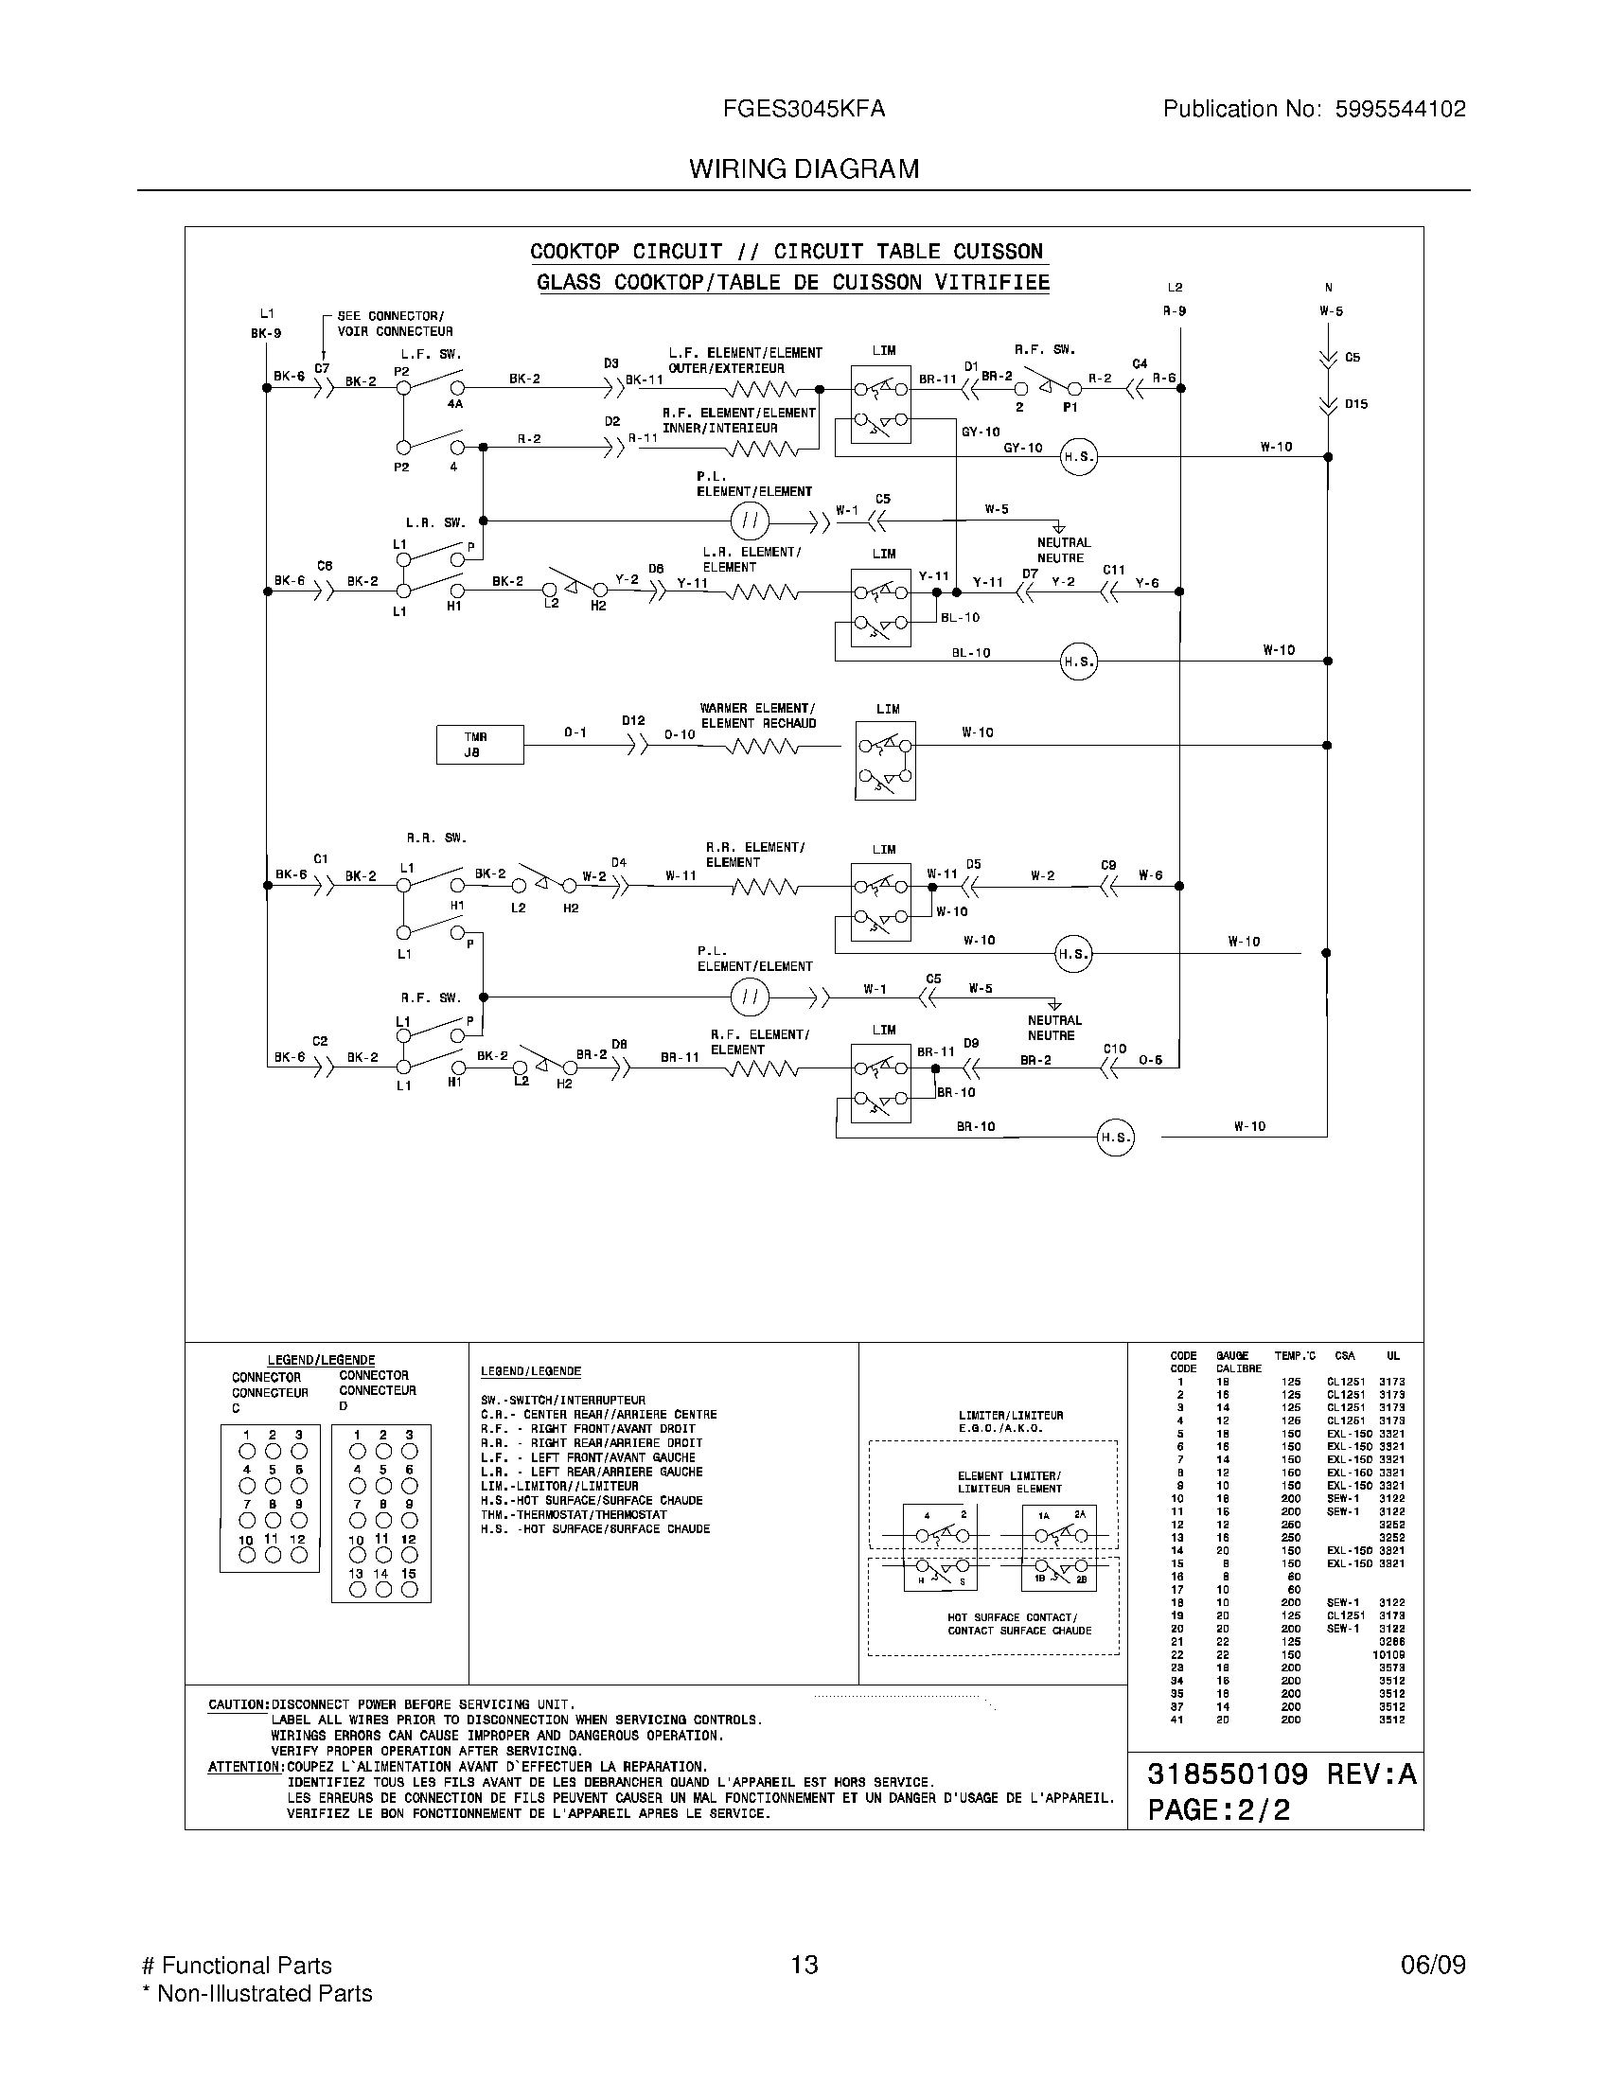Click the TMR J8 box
(x=480, y=745)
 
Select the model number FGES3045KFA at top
(x=804, y=109)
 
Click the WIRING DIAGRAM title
(x=804, y=168)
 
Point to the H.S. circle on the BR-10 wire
(x=1115, y=1138)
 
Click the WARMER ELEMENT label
(x=757, y=708)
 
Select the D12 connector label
(x=634, y=721)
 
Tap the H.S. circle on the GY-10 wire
(x=1079, y=458)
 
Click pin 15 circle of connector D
(x=410, y=1589)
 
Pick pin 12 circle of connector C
(x=299, y=1555)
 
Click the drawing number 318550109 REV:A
(x=1282, y=1774)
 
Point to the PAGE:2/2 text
(x=1218, y=1809)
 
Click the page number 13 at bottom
(x=804, y=1965)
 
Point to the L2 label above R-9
(x=1175, y=288)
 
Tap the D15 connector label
(x=1355, y=404)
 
